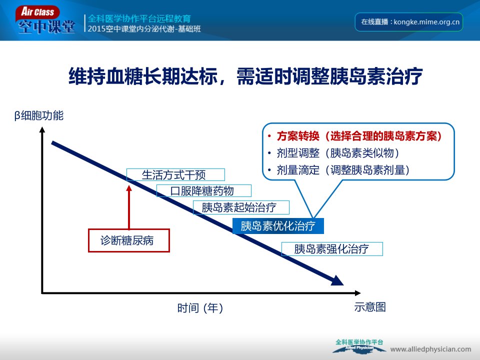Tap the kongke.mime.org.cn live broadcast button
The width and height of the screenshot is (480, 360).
408,22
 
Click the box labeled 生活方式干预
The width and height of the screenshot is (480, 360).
175,175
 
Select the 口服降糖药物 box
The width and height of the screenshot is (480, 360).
204,190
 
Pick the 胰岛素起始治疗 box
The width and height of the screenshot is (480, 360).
241,207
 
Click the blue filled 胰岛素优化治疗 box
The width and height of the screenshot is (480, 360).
278,226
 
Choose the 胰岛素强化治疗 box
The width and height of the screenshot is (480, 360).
332,249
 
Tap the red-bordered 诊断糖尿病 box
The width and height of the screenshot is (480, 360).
129,240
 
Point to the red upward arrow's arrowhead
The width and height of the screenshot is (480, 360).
129,188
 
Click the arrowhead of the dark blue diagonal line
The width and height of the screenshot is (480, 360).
337,280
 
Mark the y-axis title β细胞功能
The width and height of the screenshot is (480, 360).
39,115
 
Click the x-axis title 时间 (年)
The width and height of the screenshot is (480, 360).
200,308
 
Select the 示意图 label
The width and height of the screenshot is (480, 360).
370,306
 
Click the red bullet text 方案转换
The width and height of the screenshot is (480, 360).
298,136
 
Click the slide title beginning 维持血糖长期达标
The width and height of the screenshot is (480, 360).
245,76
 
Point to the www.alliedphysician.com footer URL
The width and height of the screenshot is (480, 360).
430,349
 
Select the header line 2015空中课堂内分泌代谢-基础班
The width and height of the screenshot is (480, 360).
144,29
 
